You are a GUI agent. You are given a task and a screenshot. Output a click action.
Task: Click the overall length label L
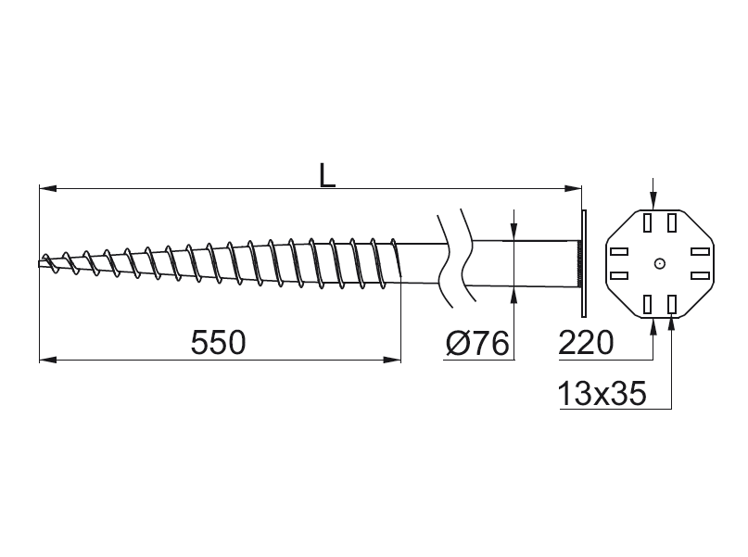pyautogui.click(x=327, y=175)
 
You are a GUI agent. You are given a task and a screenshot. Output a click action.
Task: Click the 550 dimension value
pyautogui.click(x=219, y=342)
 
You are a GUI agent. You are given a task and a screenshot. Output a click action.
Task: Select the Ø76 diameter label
pyautogui.click(x=477, y=342)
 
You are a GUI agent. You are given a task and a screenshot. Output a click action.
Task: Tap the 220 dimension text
pyautogui.click(x=585, y=342)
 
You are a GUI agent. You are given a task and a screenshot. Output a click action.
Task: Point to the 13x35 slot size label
pyautogui.click(x=602, y=394)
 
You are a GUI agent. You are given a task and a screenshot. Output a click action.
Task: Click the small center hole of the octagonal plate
pyautogui.click(x=660, y=263)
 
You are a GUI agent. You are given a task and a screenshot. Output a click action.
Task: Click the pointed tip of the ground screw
pyautogui.click(x=40, y=264)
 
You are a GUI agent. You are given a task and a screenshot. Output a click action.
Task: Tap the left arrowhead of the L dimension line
pyautogui.click(x=48, y=189)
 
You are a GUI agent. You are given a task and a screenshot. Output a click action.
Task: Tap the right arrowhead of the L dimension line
pyautogui.click(x=573, y=189)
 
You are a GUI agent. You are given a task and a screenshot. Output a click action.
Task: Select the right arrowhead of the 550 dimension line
pyautogui.click(x=392, y=360)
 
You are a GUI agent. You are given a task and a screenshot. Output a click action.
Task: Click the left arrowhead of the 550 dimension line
pyautogui.click(x=48, y=360)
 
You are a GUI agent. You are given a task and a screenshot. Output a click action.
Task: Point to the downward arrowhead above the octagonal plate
pyautogui.click(x=653, y=201)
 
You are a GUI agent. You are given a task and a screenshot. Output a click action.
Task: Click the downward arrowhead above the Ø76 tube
pyautogui.click(x=513, y=231)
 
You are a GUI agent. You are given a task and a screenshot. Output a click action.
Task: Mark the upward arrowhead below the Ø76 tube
pyautogui.click(x=513, y=296)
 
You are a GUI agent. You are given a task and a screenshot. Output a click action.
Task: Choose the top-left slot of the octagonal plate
pyautogui.click(x=647, y=222)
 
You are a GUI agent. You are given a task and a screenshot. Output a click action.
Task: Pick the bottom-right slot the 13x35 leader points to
pyautogui.click(x=672, y=304)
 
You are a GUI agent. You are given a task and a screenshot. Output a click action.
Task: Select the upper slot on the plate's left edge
pyautogui.click(x=619, y=251)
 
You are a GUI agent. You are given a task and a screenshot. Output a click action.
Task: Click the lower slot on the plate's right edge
pyautogui.click(x=701, y=275)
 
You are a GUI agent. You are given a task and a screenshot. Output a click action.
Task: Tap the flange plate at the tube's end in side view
pyautogui.click(x=584, y=263)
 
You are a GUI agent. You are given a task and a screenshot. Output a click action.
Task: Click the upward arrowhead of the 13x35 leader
pyautogui.click(x=672, y=324)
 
